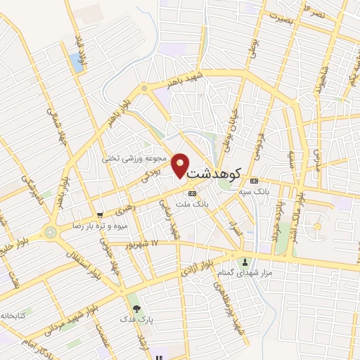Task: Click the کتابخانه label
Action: pos(12,316)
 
